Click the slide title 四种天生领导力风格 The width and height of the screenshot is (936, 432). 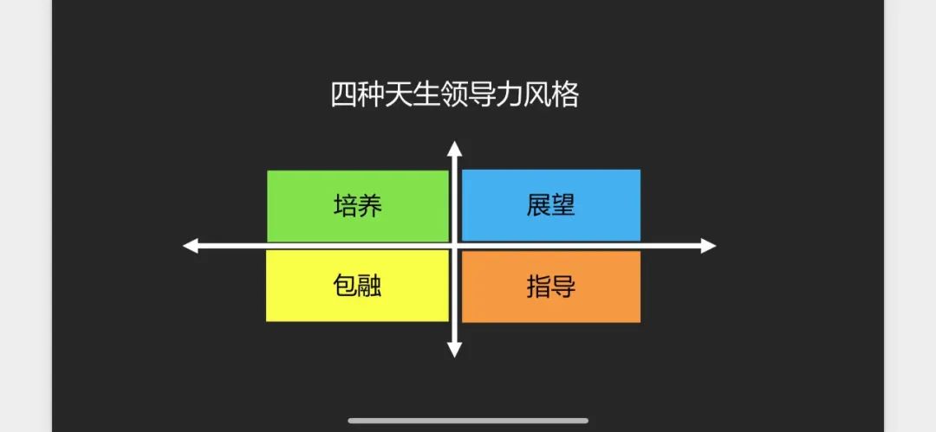click(x=454, y=95)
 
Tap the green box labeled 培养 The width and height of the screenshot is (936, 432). click(x=358, y=206)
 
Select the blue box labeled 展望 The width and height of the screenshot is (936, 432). click(x=551, y=205)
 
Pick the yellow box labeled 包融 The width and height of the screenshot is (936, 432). click(x=357, y=286)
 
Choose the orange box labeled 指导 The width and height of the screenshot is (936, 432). click(x=551, y=287)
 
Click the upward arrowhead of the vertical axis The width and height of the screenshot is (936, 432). click(x=455, y=149)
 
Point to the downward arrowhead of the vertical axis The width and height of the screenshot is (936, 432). click(x=455, y=350)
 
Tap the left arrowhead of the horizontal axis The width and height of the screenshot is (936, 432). click(x=191, y=246)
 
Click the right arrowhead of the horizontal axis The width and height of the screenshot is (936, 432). click(x=708, y=246)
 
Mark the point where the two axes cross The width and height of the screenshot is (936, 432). click(x=455, y=246)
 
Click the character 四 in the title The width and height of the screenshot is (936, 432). click(x=343, y=95)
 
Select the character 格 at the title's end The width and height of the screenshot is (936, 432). click(x=565, y=95)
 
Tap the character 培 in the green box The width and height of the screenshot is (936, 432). click(x=345, y=206)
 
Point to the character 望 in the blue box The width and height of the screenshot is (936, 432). click(x=563, y=205)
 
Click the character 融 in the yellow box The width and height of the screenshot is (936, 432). click(x=369, y=286)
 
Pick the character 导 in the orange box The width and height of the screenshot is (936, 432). click(x=563, y=287)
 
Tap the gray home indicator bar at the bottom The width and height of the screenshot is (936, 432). click(x=468, y=421)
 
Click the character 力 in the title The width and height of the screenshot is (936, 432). click(x=509, y=95)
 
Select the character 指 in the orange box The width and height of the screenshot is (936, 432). click(x=538, y=287)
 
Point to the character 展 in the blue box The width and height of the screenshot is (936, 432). click(x=538, y=205)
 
